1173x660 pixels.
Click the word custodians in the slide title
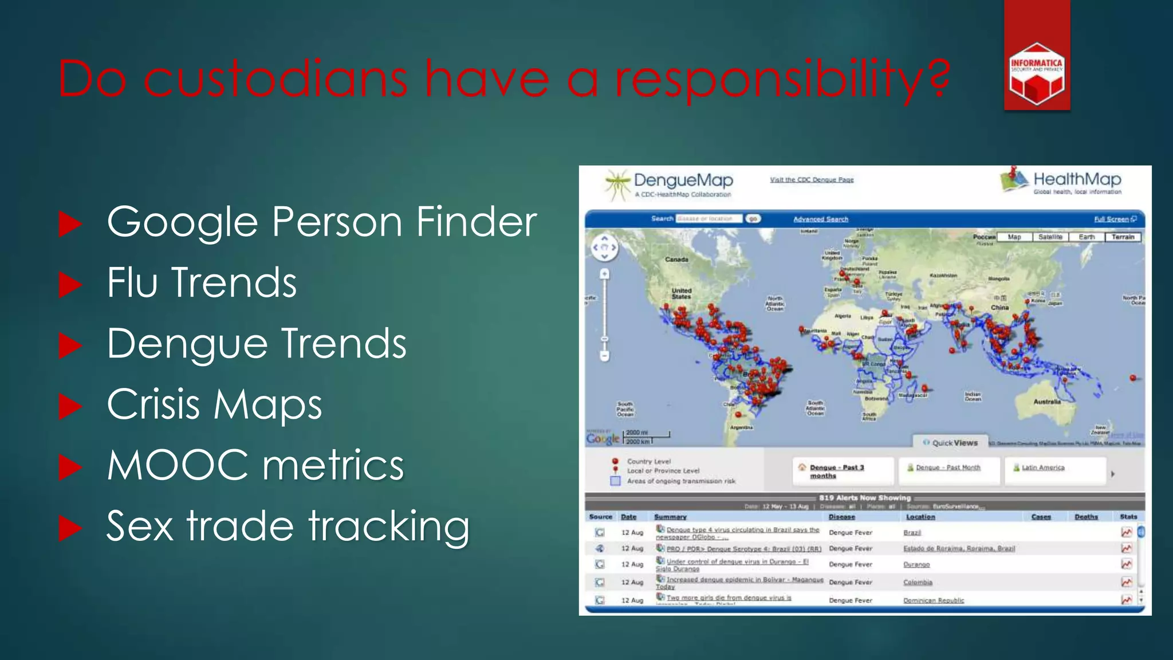[275, 78]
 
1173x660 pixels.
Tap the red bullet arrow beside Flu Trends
[70, 285]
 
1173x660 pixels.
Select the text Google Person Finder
[321, 222]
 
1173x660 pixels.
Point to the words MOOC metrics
[255, 465]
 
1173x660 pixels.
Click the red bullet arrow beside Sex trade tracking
[70, 528]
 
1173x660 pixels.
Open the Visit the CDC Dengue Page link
[812, 180]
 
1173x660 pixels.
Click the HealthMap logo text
[1077, 179]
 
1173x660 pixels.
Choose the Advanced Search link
[820, 219]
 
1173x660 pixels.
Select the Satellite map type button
[1050, 237]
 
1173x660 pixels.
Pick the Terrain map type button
[1123, 237]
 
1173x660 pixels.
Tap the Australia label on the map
[1047, 402]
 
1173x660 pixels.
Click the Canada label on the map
[676, 260]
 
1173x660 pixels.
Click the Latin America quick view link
[1042, 467]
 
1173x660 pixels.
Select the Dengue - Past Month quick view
[947, 467]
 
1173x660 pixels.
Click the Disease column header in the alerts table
[841, 517]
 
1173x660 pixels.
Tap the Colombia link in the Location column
[918, 583]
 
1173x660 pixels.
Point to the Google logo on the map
[603, 439]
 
